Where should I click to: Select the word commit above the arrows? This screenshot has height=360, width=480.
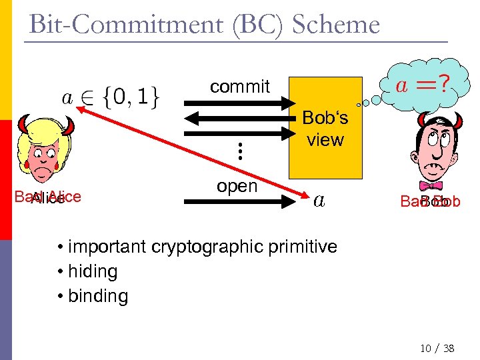pos(239,86)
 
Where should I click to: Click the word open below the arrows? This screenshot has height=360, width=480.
pos(237,186)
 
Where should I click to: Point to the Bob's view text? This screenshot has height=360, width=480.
pos(325,129)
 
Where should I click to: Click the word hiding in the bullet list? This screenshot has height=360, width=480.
pos(93,271)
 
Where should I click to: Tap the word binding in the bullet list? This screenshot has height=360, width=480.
pos(98,295)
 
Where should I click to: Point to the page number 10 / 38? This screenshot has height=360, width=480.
pos(437,347)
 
